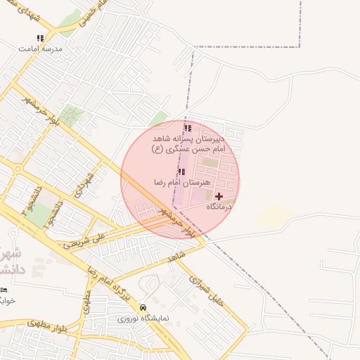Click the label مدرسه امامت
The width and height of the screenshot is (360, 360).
click(40, 49)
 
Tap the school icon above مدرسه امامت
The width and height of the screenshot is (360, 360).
click(40, 38)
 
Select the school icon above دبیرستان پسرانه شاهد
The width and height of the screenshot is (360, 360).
click(187, 128)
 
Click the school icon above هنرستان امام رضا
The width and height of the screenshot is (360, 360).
click(181, 171)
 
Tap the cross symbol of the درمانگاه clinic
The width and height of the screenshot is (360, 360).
click(219, 196)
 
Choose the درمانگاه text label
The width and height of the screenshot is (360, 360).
click(219, 207)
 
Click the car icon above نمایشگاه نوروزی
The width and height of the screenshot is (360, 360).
click(143, 307)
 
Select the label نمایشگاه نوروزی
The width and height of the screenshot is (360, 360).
click(141, 319)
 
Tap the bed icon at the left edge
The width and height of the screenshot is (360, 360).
click(4, 290)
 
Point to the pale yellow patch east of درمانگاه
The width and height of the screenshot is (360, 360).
click(273, 217)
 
